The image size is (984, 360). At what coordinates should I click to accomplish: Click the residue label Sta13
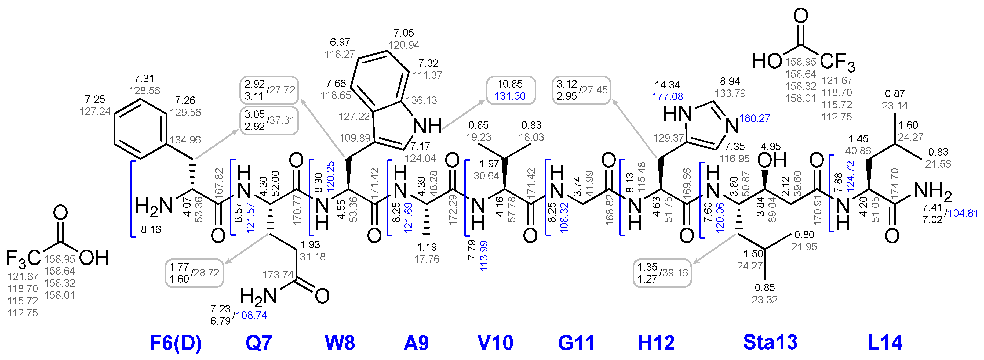pyautogui.click(x=770, y=342)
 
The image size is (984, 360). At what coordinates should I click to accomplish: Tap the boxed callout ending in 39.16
pyautogui.click(x=662, y=273)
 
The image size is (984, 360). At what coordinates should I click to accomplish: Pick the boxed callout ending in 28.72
pyautogui.click(x=194, y=273)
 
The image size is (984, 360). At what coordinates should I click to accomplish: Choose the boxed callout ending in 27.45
pyautogui.click(x=581, y=90)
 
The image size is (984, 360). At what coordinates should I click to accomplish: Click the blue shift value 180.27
pyautogui.click(x=755, y=118)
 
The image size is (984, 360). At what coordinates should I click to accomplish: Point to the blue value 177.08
pyautogui.click(x=667, y=97)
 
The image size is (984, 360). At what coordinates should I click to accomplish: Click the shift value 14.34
pyautogui.click(x=667, y=84)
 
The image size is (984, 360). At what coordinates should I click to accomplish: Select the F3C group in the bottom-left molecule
pyautogui.click(x=23, y=258)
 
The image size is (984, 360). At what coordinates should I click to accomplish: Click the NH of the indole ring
pyautogui.click(x=427, y=126)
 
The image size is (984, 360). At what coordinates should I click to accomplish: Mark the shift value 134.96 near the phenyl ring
pyautogui.click(x=185, y=140)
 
